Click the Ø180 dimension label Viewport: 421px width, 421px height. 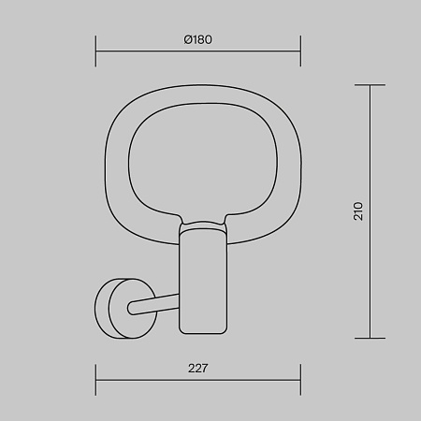coord(197,40)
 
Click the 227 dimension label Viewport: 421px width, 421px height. coord(197,369)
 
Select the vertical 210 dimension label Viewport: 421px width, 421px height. coord(358,211)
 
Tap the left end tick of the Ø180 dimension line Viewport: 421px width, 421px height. coord(95,51)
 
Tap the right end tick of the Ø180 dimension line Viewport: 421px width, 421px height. coord(300,51)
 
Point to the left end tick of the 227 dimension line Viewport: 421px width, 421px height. coord(95,380)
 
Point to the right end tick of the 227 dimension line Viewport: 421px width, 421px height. coord(300,380)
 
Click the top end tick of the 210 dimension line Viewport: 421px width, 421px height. coord(370,84)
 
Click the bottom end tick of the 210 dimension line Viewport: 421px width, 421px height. coord(370,338)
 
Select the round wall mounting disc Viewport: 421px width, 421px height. coord(125,309)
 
